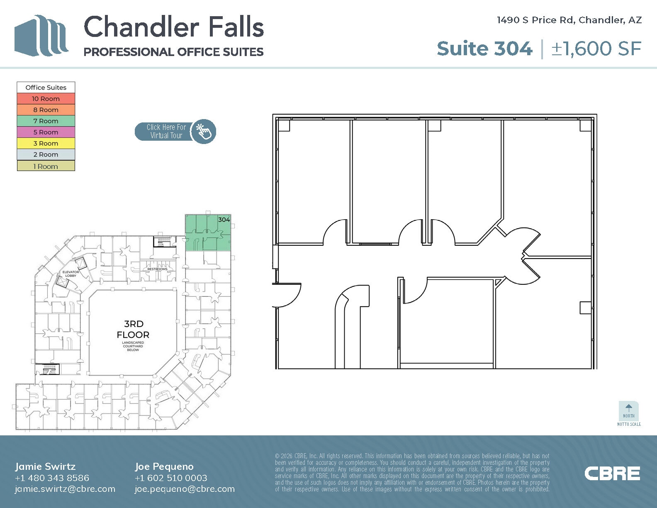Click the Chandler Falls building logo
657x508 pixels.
coord(41,36)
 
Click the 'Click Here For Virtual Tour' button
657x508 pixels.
coord(175,132)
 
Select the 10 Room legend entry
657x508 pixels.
coord(46,99)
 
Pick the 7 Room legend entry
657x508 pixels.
coord(46,121)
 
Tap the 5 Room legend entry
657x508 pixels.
coord(46,132)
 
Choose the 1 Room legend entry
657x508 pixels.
coord(46,166)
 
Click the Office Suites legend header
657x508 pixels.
coord(46,88)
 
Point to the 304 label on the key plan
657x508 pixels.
coord(224,220)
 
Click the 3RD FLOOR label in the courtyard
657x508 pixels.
coord(133,329)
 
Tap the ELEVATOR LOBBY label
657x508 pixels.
coord(71,274)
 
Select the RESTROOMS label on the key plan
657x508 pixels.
coord(157,269)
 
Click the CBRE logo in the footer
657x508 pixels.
coord(612,474)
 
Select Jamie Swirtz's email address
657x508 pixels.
coord(65,489)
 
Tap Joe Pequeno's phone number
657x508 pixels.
coord(171,478)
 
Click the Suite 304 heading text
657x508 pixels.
coord(484,49)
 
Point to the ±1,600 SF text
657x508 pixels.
coord(596,49)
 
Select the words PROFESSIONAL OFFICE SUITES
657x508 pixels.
coord(173,52)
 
